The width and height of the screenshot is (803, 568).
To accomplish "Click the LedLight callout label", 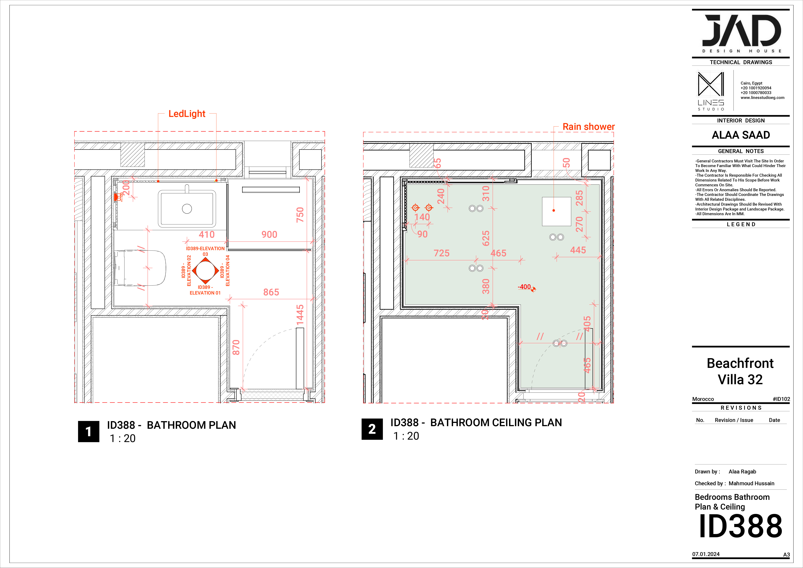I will tap(187, 114).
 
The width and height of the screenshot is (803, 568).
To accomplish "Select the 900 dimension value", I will tap(269, 235).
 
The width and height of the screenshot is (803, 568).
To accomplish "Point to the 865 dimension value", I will tap(271, 292).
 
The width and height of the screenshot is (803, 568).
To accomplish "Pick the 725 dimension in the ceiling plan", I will tap(441, 253).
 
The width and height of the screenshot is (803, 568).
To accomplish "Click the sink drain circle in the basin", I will tap(187, 209).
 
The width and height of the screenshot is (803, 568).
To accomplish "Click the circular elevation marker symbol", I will tap(205, 271).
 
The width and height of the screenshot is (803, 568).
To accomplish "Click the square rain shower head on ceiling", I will tap(556, 211).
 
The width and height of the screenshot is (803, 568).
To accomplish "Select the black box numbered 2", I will tap(372, 429).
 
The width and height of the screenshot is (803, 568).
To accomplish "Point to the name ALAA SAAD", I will tap(741, 135).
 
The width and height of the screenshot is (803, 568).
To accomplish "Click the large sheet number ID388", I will tap(740, 526).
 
